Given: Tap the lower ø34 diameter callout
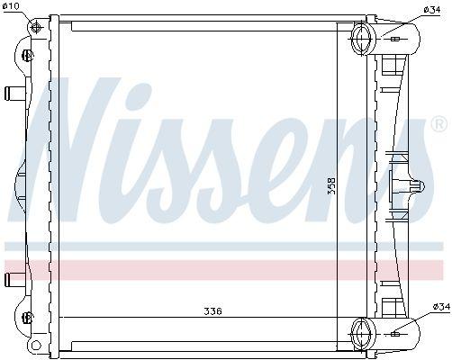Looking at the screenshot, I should [440, 307].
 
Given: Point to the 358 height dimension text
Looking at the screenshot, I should [331, 185].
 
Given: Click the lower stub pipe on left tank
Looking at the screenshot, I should [13, 277].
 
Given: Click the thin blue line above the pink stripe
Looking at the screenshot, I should [225, 245].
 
